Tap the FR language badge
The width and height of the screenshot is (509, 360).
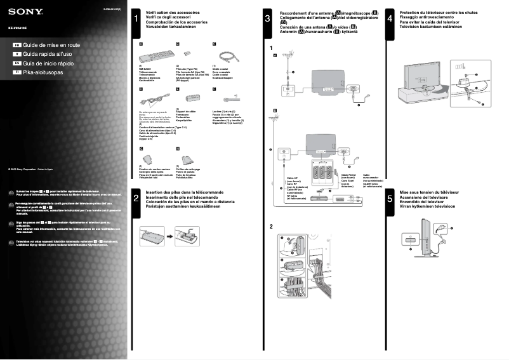click(x=17, y=46)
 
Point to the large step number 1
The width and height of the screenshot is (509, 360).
click(x=136, y=20)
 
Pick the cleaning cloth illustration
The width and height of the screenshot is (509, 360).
click(x=185, y=158)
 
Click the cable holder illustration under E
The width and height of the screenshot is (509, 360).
click(x=191, y=98)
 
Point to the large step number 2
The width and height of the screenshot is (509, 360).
click(x=136, y=199)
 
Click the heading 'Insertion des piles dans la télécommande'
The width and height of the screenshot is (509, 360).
click(x=184, y=192)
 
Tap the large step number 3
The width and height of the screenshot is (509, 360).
click(x=268, y=20)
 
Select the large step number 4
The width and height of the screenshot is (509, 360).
click(x=389, y=20)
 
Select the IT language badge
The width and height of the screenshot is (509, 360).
click(x=17, y=55)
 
